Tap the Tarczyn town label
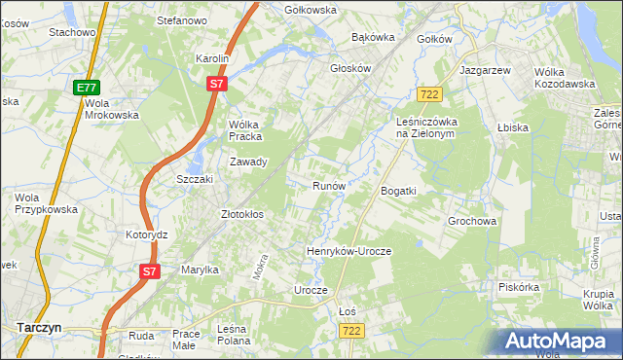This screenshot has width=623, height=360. click(x=39, y=328)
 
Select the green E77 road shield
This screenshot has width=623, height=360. click(x=87, y=88)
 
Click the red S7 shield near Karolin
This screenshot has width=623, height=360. click(x=217, y=85)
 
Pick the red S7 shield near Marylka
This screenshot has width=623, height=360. click(x=148, y=271)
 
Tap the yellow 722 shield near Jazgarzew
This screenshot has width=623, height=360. click(x=429, y=93)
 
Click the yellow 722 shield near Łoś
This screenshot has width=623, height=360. click(x=352, y=332)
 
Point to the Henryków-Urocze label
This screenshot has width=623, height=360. click(x=348, y=251)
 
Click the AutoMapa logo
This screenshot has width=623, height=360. click(x=558, y=342)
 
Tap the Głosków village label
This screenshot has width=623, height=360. click(x=351, y=69)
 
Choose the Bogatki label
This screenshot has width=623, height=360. click(x=398, y=191)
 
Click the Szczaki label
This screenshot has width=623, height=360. click(x=194, y=180)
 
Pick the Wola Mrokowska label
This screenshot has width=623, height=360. click(x=112, y=108)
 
